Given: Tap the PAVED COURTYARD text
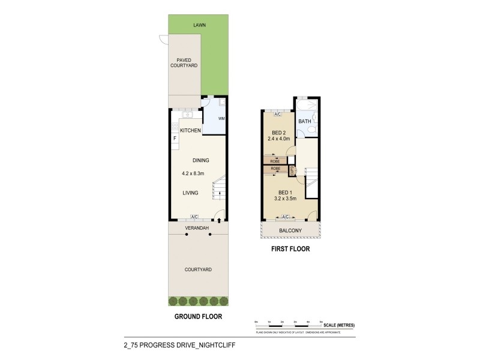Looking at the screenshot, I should (x=184, y=62).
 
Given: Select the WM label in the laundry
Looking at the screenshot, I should (x=213, y=118).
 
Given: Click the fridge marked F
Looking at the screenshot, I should (x=175, y=139).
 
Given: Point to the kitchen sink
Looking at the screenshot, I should (x=187, y=113).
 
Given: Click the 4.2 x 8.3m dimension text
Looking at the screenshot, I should (x=193, y=174).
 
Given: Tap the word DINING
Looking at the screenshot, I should (x=200, y=160).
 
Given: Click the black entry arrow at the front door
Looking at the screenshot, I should (x=219, y=221).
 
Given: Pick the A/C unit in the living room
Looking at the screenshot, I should (x=194, y=217).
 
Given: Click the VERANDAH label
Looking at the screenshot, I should (x=197, y=228).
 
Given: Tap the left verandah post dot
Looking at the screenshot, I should (x=187, y=235).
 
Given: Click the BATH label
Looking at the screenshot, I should (x=305, y=121).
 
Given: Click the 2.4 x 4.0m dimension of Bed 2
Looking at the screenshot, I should (x=279, y=139).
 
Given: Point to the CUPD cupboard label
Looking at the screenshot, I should (x=292, y=169).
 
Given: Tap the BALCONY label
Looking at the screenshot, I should (x=290, y=230).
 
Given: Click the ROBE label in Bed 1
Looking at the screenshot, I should (x=275, y=169).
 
